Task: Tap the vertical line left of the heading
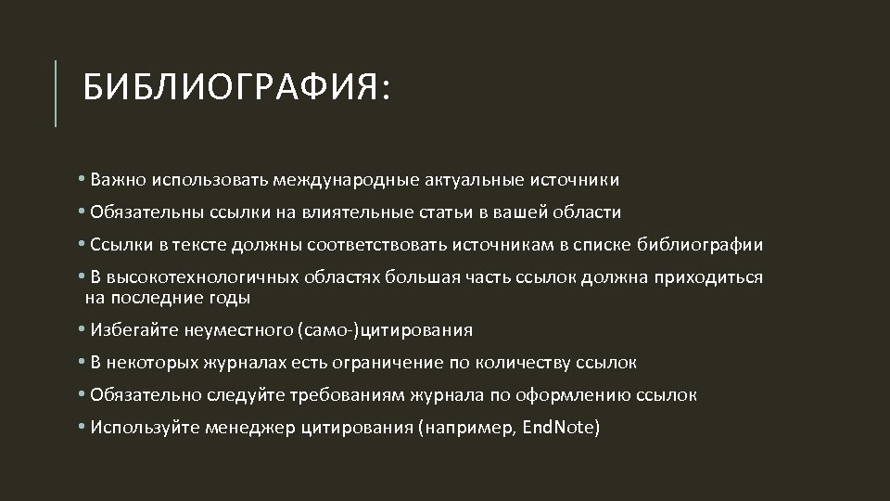tap(56, 93)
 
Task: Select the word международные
tap(349, 179)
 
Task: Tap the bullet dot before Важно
tap(82, 179)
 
